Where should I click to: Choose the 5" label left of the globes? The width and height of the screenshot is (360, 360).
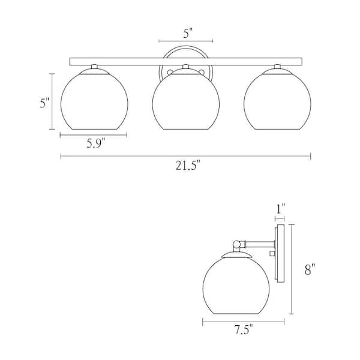[43, 103]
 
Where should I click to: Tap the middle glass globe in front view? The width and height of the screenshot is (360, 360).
[186, 102]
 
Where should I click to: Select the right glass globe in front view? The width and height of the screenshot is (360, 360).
[278, 102]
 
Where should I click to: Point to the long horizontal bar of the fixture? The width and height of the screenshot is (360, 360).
[186, 61]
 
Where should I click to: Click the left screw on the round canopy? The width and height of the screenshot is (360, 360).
[170, 73]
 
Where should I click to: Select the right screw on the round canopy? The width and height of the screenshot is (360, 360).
[202, 73]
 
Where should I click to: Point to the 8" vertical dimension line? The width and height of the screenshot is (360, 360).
[292, 269]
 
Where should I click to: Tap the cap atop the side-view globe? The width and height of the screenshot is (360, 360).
[236, 255]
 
